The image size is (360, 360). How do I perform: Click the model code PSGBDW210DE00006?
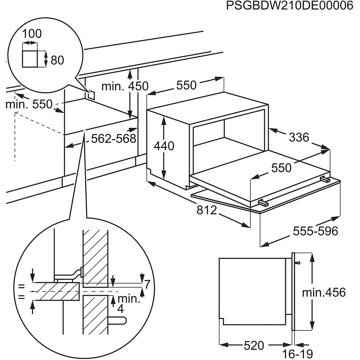(285, 6)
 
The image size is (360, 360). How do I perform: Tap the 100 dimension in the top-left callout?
(32, 34)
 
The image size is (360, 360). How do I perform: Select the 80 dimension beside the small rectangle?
(57, 60)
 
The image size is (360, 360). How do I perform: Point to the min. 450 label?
(125, 86)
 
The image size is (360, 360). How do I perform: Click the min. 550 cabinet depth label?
(29, 104)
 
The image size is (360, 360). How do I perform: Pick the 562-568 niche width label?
(114, 138)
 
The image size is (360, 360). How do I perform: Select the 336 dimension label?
(299, 137)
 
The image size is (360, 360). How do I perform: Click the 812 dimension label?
(207, 210)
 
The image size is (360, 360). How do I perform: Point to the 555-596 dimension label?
(316, 231)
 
